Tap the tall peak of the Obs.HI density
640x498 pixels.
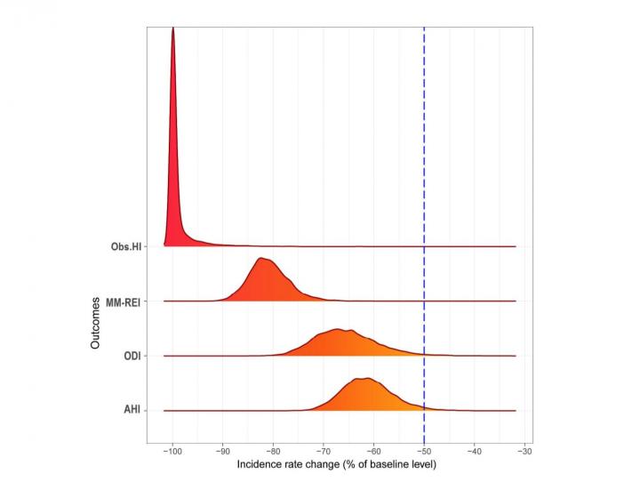[x=172, y=29]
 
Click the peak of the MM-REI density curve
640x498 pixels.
[x=261, y=259]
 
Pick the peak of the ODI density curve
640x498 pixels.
[x=338, y=330]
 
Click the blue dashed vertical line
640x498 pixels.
[x=424, y=178]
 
